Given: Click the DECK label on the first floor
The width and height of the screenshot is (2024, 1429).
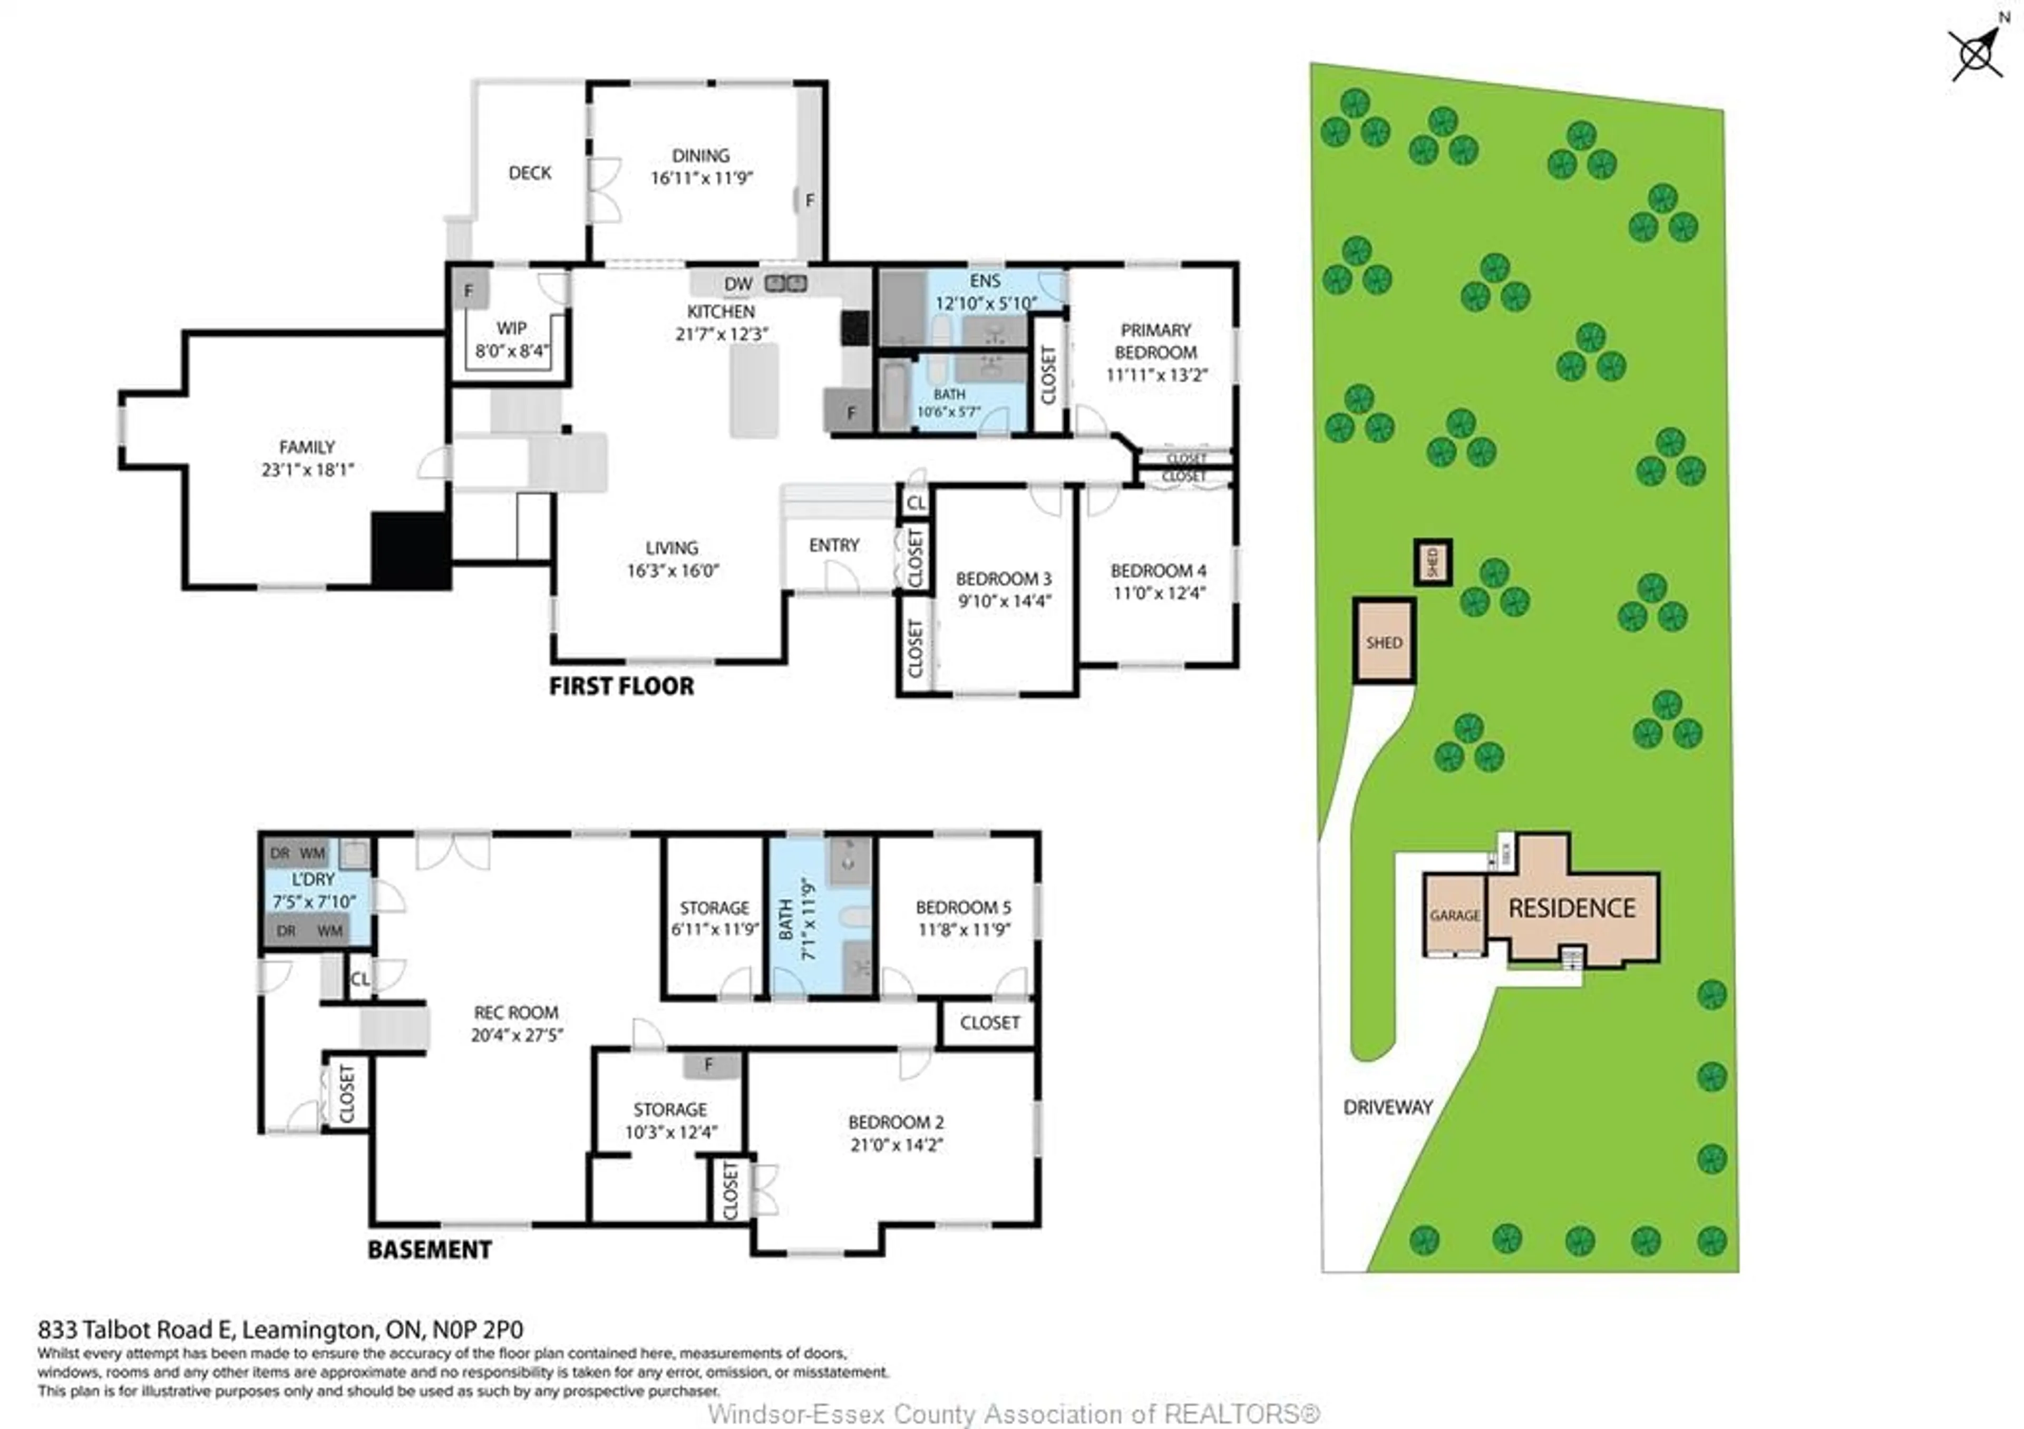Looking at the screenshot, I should (x=530, y=173).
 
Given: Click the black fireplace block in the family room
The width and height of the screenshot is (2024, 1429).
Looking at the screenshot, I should (x=411, y=550).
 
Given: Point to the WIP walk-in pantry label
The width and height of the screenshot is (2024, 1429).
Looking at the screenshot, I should (x=511, y=328).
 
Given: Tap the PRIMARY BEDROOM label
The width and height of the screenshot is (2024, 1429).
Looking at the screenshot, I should (x=1156, y=341).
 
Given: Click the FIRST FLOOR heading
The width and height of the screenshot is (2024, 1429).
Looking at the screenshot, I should (x=621, y=686).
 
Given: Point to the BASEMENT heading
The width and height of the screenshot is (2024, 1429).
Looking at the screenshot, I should (x=429, y=1249).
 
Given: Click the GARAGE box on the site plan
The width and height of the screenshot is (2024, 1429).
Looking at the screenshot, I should (x=1455, y=915).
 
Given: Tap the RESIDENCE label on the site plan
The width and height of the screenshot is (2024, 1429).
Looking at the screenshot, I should (x=1572, y=908).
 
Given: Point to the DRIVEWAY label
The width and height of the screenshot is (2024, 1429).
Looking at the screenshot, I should (x=1387, y=1107).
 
